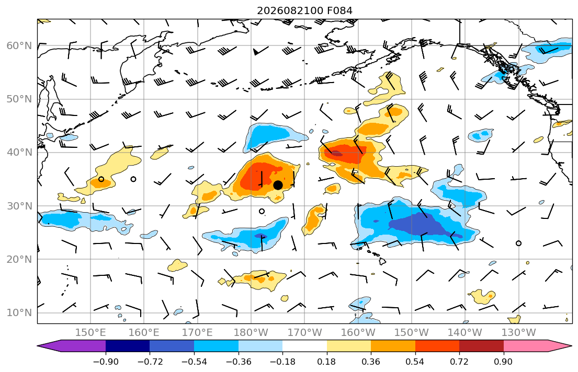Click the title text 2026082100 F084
(304, 10)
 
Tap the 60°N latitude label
(19, 45)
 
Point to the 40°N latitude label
(19, 153)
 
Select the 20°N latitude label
(19, 259)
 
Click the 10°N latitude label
(19, 313)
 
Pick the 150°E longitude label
(90, 333)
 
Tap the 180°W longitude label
(251, 333)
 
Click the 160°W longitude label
(358, 333)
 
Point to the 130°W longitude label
(519, 333)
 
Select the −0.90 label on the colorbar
(106, 362)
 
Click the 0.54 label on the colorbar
(415, 362)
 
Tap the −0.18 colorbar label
(282, 362)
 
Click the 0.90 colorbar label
(504, 362)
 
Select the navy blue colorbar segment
(128, 346)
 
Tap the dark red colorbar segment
(481, 346)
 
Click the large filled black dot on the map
(278, 185)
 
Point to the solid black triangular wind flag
(256, 52)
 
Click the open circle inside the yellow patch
(101, 179)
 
